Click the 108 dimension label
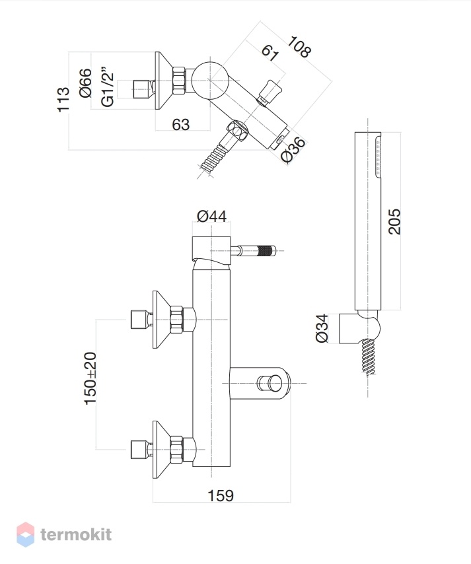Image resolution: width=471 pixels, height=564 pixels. coord(299,46)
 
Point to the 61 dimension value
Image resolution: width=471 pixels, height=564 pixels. coord(270,53)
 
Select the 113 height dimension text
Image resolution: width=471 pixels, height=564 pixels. coord(63,99)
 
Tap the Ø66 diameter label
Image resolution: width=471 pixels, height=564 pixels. coord(86,83)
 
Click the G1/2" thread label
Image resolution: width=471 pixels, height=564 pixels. coord(108,87)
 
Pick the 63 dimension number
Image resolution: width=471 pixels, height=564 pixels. coord(180,124)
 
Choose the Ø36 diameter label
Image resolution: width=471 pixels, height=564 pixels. coord(293,151)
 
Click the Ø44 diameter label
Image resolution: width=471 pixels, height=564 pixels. coord(212,216)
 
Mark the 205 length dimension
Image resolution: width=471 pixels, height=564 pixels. coord(394,222)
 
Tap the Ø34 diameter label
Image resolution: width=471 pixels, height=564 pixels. coord(322,328)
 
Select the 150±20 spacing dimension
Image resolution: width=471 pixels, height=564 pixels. coord(91,378)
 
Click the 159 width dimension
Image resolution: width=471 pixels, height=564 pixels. coord(221,495)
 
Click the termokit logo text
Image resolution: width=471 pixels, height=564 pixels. coord(76,534)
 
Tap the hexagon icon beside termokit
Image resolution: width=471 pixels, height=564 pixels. coord(26,534)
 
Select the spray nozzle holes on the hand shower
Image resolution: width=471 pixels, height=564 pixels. coord(378,155)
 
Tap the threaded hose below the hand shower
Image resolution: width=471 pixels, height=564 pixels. coord(368,357)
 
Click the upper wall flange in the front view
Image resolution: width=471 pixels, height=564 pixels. coord(161,320)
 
